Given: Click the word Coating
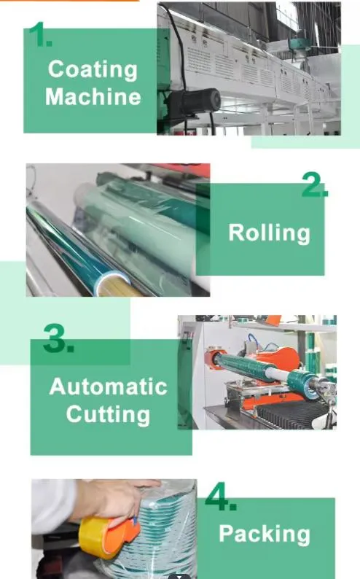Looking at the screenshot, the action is pyautogui.click(x=93, y=70).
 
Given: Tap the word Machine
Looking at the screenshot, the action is pyautogui.click(x=93, y=97).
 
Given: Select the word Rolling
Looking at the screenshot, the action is pyautogui.click(x=269, y=233).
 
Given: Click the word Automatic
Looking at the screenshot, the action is pyautogui.click(x=109, y=386).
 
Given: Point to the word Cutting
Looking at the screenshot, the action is pyautogui.click(x=108, y=414).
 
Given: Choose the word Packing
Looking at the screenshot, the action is pyautogui.click(x=265, y=535).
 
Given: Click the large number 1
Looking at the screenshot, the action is pyautogui.click(x=40, y=34).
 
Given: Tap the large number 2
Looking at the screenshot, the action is pyautogui.click(x=315, y=184).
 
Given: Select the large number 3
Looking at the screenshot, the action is pyautogui.click(x=58, y=338).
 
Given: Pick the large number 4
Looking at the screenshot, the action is pyautogui.click(x=221, y=496).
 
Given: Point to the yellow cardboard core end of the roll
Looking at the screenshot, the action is pyautogui.click(x=114, y=286).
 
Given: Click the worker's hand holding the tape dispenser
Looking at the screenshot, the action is pyautogui.click(x=111, y=499).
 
